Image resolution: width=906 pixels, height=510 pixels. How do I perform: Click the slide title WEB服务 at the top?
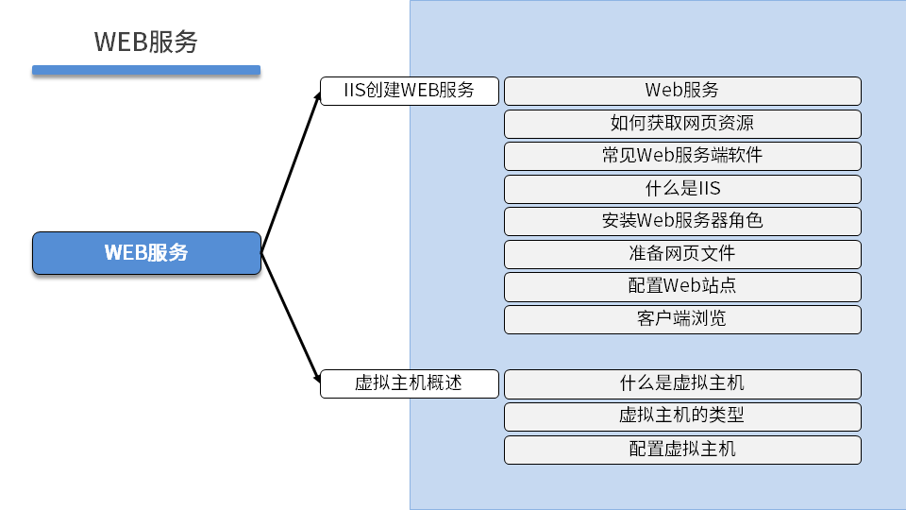(146, 42)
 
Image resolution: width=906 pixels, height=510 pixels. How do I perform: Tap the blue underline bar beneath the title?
(146, 70)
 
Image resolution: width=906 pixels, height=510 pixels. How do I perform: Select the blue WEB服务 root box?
(146, 253)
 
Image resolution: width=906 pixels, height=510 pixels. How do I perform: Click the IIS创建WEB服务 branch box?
(409, 91)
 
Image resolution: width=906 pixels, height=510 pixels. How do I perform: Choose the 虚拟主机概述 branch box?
(409, 383)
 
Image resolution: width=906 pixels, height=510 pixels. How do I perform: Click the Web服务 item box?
(682, 91)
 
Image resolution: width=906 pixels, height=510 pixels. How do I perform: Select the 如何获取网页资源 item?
(682, 124)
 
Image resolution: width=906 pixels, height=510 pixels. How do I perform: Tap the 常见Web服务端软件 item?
(682, 156)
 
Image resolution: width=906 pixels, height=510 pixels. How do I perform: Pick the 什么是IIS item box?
(682, 189)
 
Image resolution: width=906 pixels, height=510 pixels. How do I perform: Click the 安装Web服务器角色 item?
(682, 221)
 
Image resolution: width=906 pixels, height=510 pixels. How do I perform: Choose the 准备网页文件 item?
(682, 254)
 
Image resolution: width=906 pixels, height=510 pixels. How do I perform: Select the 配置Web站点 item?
(682, 286)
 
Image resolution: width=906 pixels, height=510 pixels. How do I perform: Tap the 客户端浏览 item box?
(682, 319)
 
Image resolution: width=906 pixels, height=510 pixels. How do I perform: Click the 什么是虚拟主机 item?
(682, 383)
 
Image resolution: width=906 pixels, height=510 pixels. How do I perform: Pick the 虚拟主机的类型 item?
(682, 416)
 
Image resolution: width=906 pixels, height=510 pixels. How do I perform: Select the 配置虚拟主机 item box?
(682, 450)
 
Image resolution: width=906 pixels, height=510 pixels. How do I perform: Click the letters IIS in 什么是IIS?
(709, 189)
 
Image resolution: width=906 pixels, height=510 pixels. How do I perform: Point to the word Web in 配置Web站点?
(684, 286)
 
